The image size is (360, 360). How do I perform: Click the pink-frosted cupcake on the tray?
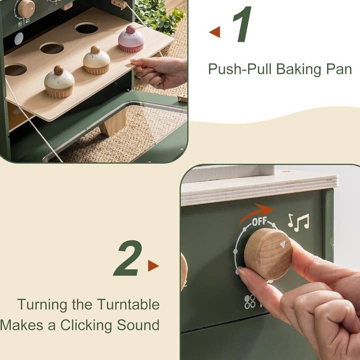[131, 39]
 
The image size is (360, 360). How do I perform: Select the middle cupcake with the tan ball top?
[96, 60]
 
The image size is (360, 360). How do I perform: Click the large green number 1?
[242, 24]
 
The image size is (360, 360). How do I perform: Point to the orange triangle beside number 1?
[215, 32]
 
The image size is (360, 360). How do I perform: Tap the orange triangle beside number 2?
[153, 265]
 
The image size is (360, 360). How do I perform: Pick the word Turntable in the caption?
[128, 304]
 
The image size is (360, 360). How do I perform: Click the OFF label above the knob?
[259, 221]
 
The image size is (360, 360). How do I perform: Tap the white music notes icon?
[298, 222]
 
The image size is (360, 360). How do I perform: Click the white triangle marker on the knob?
[282, 244]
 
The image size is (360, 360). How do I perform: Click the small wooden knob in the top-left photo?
[25, 8]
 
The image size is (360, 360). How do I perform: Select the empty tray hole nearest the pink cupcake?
[86, 28]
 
